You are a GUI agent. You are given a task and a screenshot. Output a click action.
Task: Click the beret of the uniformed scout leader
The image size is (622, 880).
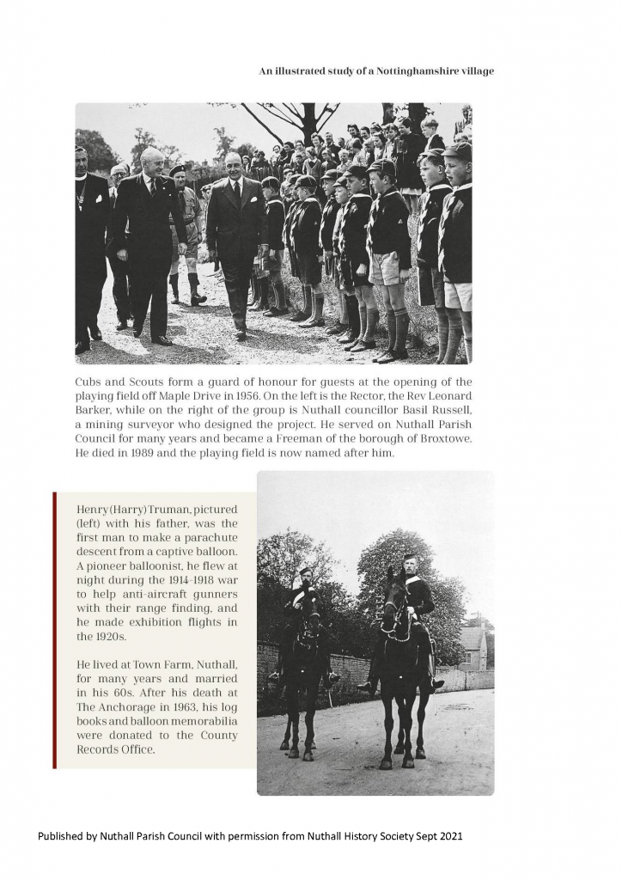(178, 169)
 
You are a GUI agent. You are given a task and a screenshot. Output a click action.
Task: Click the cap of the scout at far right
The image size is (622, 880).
(459, 150)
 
